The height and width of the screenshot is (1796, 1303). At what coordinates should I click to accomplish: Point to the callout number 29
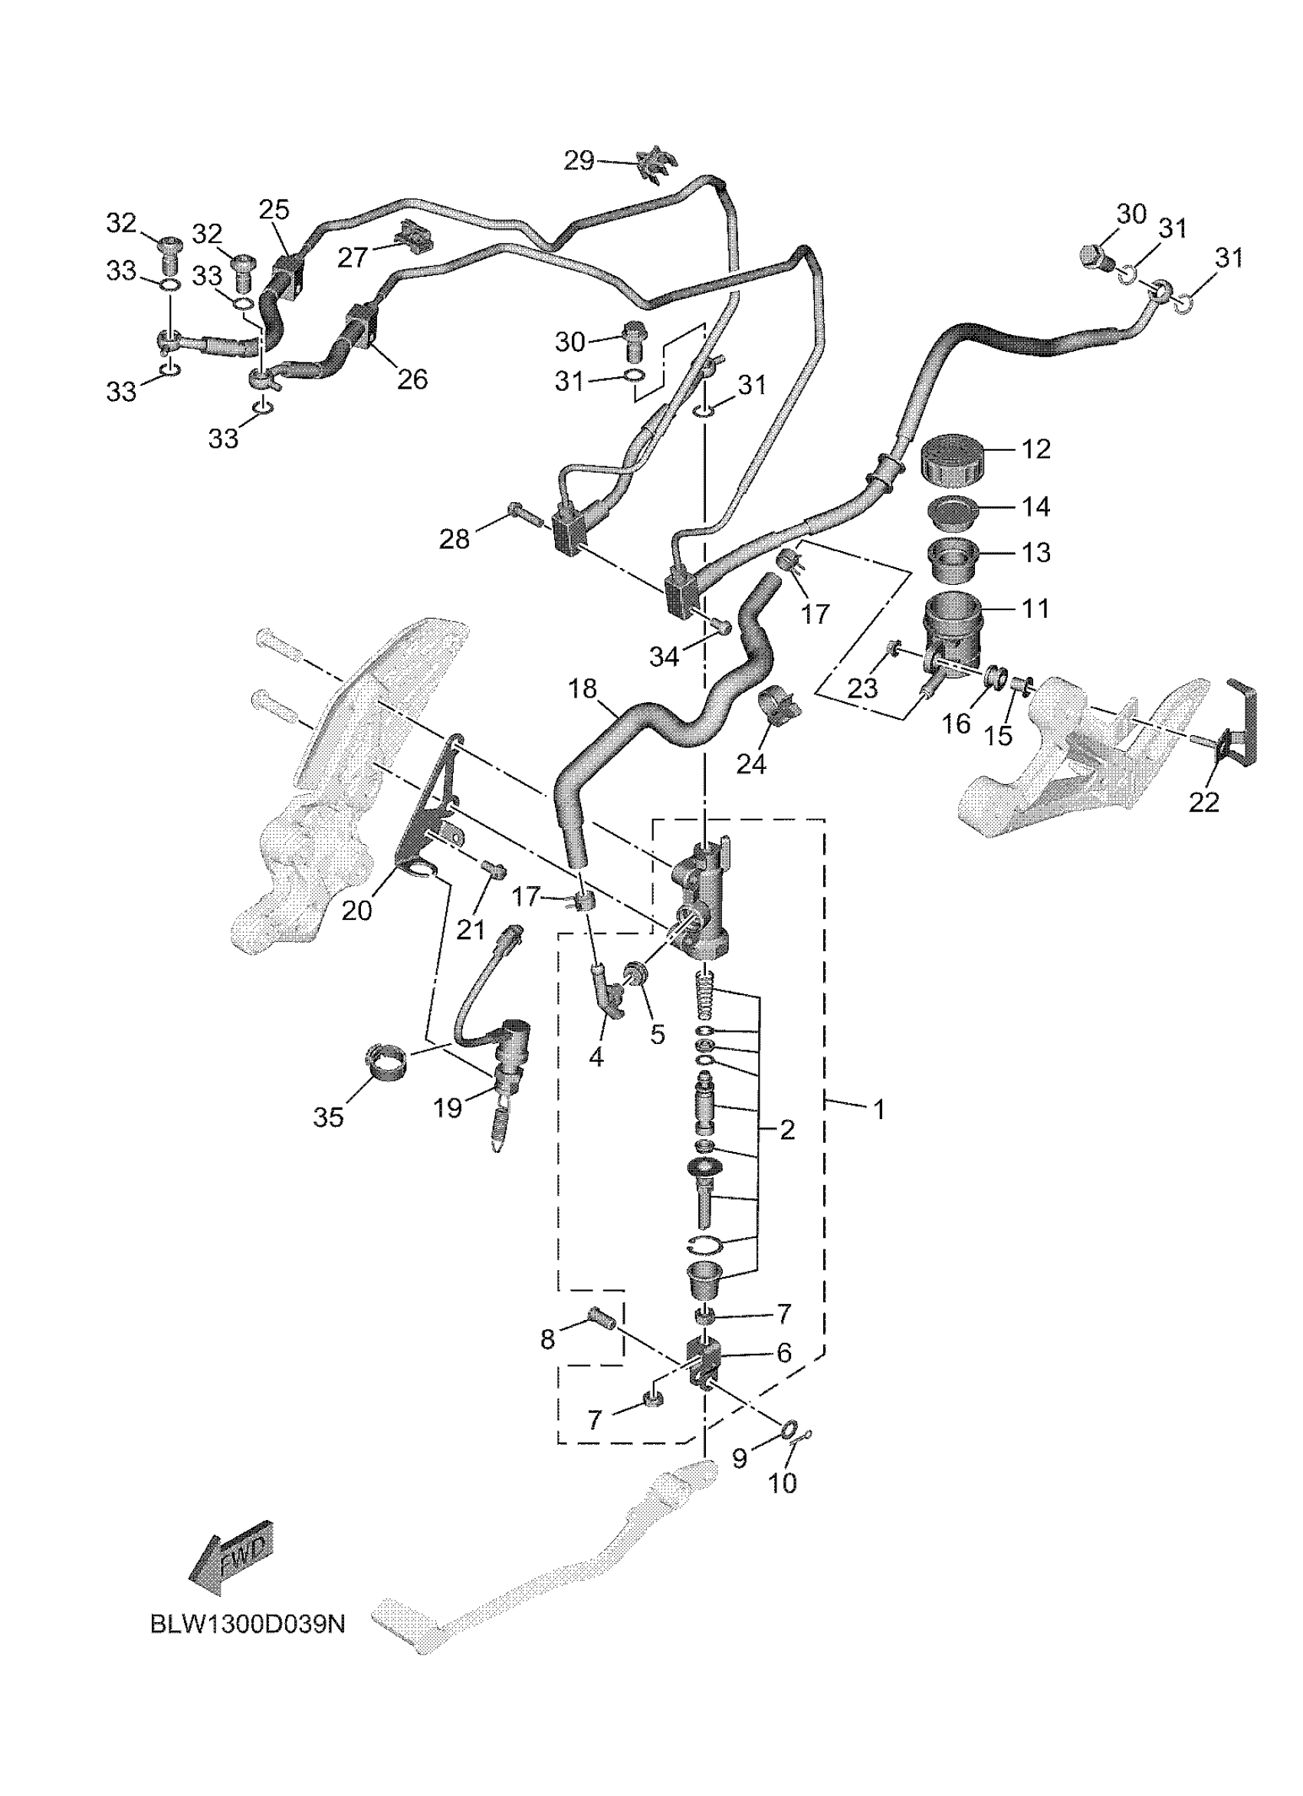[x=579, y=161]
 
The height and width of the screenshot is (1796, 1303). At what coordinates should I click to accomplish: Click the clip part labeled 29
[x=657, y=163]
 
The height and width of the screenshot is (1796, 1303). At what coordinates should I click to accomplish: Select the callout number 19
[x=448, y=1107]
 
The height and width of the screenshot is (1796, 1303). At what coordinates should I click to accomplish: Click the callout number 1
[x=878, y=1109]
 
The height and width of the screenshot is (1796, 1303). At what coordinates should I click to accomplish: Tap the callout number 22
[x=1203, y=802]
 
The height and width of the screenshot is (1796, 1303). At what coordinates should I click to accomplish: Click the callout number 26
[x=412, y=379]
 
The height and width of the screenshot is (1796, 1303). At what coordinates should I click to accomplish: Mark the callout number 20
[x=356, y=911]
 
